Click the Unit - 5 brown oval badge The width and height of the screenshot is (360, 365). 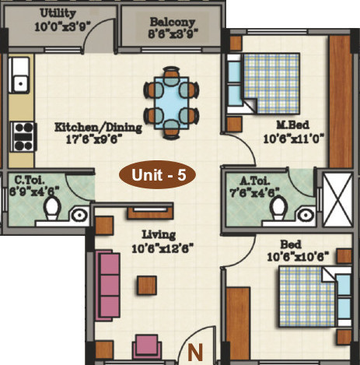(x=157, y=174)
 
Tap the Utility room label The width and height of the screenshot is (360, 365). (x=58, y=13)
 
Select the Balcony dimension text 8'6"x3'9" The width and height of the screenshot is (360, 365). (x=173, y=33)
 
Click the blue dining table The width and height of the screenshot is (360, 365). (x=171, y=103)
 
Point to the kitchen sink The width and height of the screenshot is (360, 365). (x=19, y=75)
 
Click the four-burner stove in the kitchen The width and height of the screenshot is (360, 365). (x=23, y=137)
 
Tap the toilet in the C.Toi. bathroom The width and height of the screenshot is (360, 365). (x=52, y=209)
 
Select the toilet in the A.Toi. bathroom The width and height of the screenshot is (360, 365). (x=278, y=208)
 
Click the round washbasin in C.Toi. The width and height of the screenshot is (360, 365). (x=79, y=215)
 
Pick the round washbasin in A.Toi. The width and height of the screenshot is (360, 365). (x=306, y=215)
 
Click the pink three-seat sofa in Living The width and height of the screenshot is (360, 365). (x=108, y=285)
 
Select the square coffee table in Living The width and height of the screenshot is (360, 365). (x=147, y=286)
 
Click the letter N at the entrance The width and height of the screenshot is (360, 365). (x=195, y=353)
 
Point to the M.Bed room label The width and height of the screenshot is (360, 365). (x=293, y=125)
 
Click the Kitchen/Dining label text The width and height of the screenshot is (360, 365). (x=98, y=128)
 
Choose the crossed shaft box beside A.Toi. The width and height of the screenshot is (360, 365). (x=337, y=200)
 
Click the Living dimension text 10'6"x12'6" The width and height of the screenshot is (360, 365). (x=163, y=249)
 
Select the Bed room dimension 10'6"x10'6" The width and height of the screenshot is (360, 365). (x=298, y=257)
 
